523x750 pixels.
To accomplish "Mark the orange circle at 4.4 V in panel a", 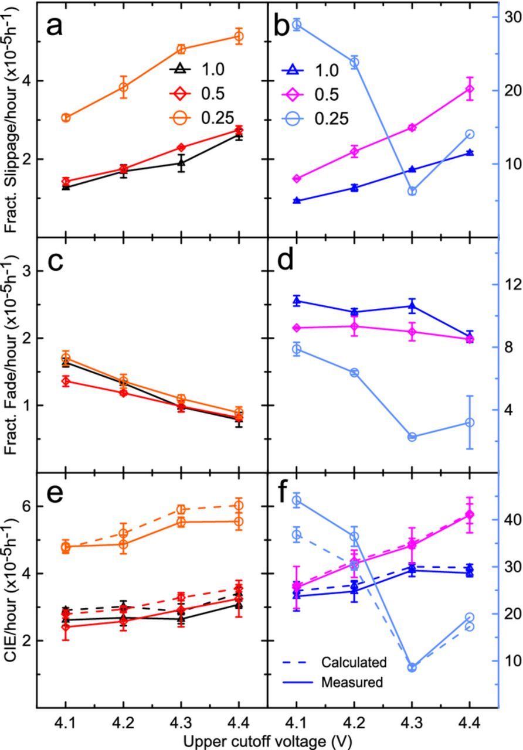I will pos(239,36).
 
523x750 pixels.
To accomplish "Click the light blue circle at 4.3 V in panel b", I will pos(412,191).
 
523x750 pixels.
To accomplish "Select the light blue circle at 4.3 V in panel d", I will pos(412,437).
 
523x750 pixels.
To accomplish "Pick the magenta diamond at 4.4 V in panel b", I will pos(469,89).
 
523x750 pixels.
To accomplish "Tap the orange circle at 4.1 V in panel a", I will pos(66,118).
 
